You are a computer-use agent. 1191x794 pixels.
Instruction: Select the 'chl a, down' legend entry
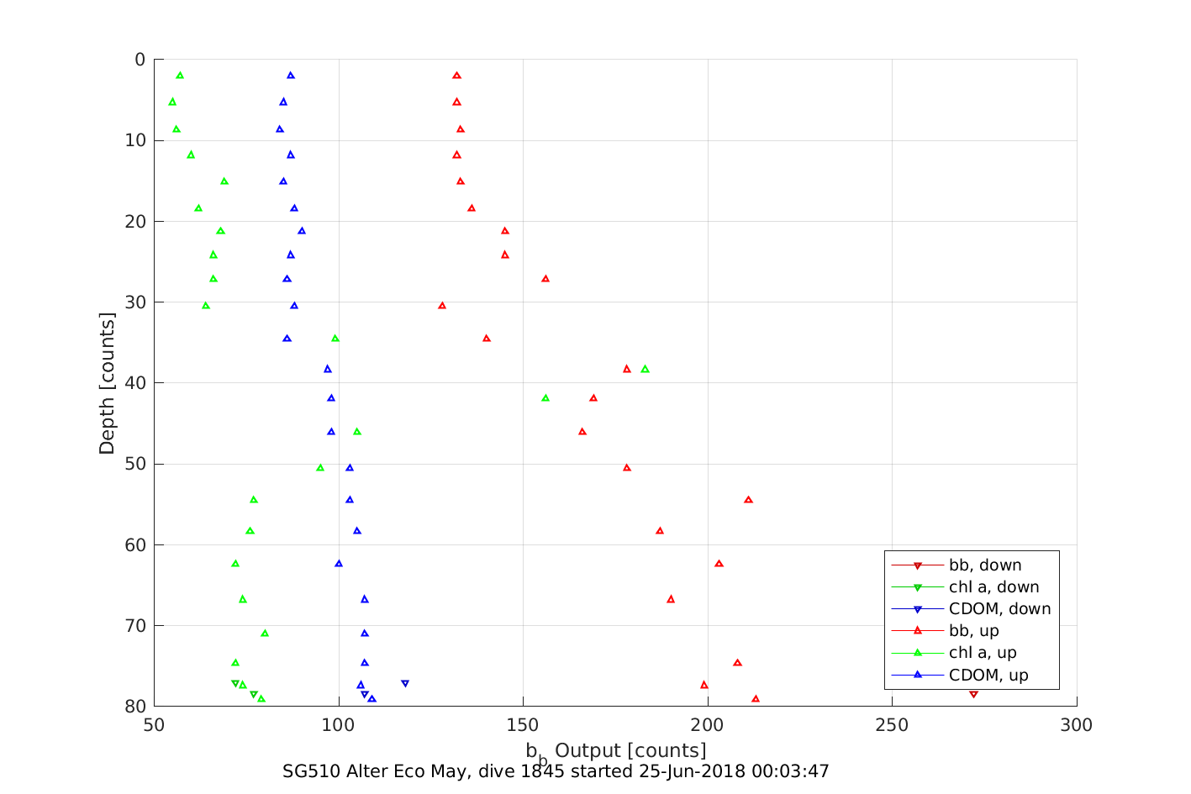coord(993,587)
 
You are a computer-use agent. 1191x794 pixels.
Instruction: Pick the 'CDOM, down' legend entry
coord(999,609)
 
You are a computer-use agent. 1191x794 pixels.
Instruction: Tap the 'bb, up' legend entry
coord(973,631)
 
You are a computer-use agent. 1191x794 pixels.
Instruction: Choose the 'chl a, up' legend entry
coord(983,653)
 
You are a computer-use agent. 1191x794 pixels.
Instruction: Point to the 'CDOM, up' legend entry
coord(988,675)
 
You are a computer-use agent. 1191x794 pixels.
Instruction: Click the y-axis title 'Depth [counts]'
coord(107,383)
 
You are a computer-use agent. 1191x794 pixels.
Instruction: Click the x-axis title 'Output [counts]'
coord(630,750)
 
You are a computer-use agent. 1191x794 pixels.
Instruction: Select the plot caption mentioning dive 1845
coord(556,771)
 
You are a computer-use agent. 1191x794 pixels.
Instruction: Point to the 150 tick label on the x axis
coord(523,725)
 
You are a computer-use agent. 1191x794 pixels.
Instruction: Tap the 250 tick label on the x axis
coord(892,725)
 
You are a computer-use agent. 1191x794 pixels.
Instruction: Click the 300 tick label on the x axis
coord(1077,725)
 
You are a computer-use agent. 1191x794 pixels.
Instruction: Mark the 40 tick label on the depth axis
coord(134,383)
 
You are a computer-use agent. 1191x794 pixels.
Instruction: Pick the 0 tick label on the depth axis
coord(140,60)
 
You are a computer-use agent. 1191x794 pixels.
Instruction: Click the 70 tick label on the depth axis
coord(134,626)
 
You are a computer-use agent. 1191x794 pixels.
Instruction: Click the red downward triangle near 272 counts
coord(973,694)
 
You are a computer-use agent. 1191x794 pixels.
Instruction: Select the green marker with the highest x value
coord(645,369)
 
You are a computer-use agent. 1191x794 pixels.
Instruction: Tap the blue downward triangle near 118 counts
coord(405,684)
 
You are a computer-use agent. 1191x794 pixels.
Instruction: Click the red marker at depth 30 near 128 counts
coord(442,306)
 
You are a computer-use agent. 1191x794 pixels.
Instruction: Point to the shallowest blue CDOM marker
coord(291,76)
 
